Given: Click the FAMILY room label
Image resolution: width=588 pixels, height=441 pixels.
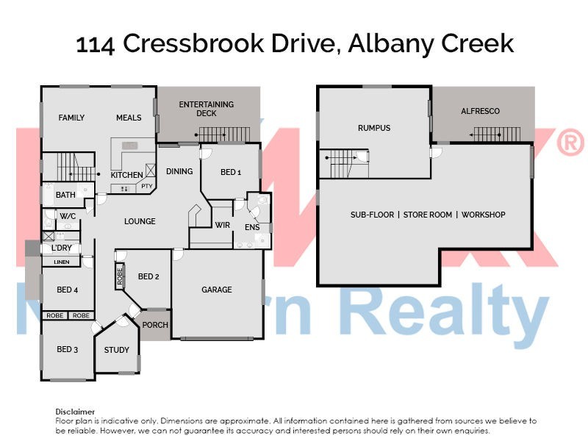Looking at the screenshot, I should (x=71, y=118).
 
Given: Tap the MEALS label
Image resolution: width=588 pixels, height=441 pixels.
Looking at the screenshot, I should (x=129, y=118).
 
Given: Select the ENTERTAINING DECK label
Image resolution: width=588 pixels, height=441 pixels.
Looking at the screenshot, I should (x=206, y=109).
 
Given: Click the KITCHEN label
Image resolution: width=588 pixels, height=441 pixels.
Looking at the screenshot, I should (x=126, y=175).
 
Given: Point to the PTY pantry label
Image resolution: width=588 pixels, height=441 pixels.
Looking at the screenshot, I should (x=146, y=187).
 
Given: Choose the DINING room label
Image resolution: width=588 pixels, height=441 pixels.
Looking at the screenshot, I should (x=179, y=171).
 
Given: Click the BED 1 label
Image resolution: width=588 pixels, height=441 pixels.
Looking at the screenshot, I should (x=231, y=172).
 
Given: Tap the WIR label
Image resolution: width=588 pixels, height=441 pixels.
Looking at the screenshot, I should (x=223, y=226).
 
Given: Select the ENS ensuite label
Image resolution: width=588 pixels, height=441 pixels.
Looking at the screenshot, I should (x=252, y=228).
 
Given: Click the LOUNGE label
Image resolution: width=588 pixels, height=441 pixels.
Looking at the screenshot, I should (x=139, y=221).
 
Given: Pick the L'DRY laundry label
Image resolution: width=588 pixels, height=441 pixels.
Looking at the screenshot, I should (x=62, y=248).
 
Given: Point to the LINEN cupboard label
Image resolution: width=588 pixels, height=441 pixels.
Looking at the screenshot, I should (x=62, y=262).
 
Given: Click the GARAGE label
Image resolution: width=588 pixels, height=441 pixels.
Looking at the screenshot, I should (x=217, y=290).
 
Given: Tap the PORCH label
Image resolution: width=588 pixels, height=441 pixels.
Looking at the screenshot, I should (x=155, y=325).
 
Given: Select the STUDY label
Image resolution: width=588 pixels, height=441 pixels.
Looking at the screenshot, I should (x=116, y=350).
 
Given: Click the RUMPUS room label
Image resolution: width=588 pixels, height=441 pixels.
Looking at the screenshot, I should (x=374, y=128).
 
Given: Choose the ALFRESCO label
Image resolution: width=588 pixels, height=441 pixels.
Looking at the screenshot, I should (x=480, y=111).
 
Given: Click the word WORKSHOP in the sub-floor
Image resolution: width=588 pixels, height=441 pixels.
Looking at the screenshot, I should (x=484, y=215).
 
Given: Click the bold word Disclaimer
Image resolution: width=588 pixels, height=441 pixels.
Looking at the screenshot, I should (x=75, y=412).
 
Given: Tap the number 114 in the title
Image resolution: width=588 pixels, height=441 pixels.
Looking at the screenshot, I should (x=96, y=44).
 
